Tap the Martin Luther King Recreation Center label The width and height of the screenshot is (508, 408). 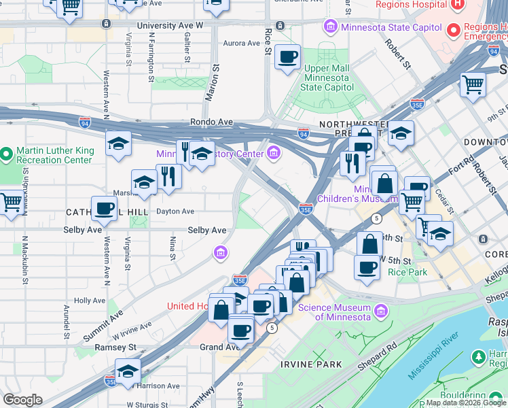tap(54, 155)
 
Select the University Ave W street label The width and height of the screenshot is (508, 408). tap(170, 25)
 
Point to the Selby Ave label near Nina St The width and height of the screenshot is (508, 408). tap(207, 231)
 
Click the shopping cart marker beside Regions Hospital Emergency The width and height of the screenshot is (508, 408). tap(473, 85)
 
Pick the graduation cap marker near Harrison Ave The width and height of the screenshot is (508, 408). tap(127, 372)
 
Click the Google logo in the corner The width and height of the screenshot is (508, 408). tap(22, 400)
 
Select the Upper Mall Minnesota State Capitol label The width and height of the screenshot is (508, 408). tap(327, 78)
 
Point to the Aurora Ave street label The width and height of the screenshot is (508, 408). tap(242, 43)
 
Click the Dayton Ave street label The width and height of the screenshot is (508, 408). tap(175, 211)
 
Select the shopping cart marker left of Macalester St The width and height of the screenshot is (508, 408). tap(10, 201)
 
